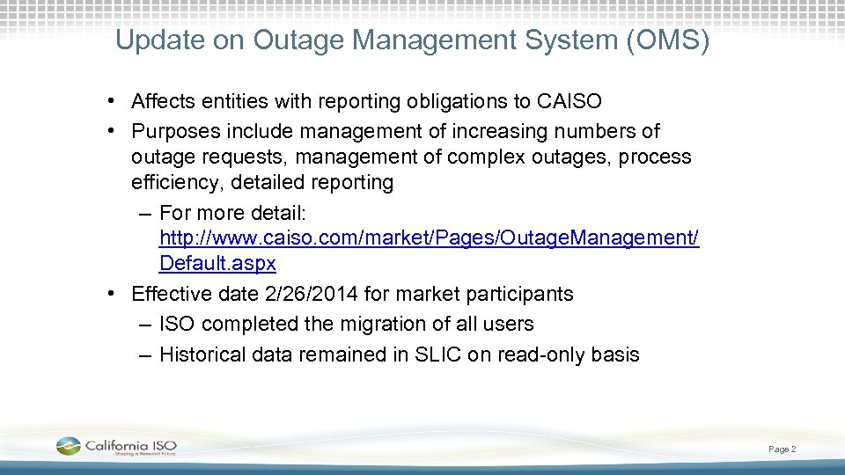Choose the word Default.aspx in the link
click(x=217, y=264)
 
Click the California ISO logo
click(x=116, y=447)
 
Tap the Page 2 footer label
click(x=782, y=449)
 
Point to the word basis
click(x=615, y=355)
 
